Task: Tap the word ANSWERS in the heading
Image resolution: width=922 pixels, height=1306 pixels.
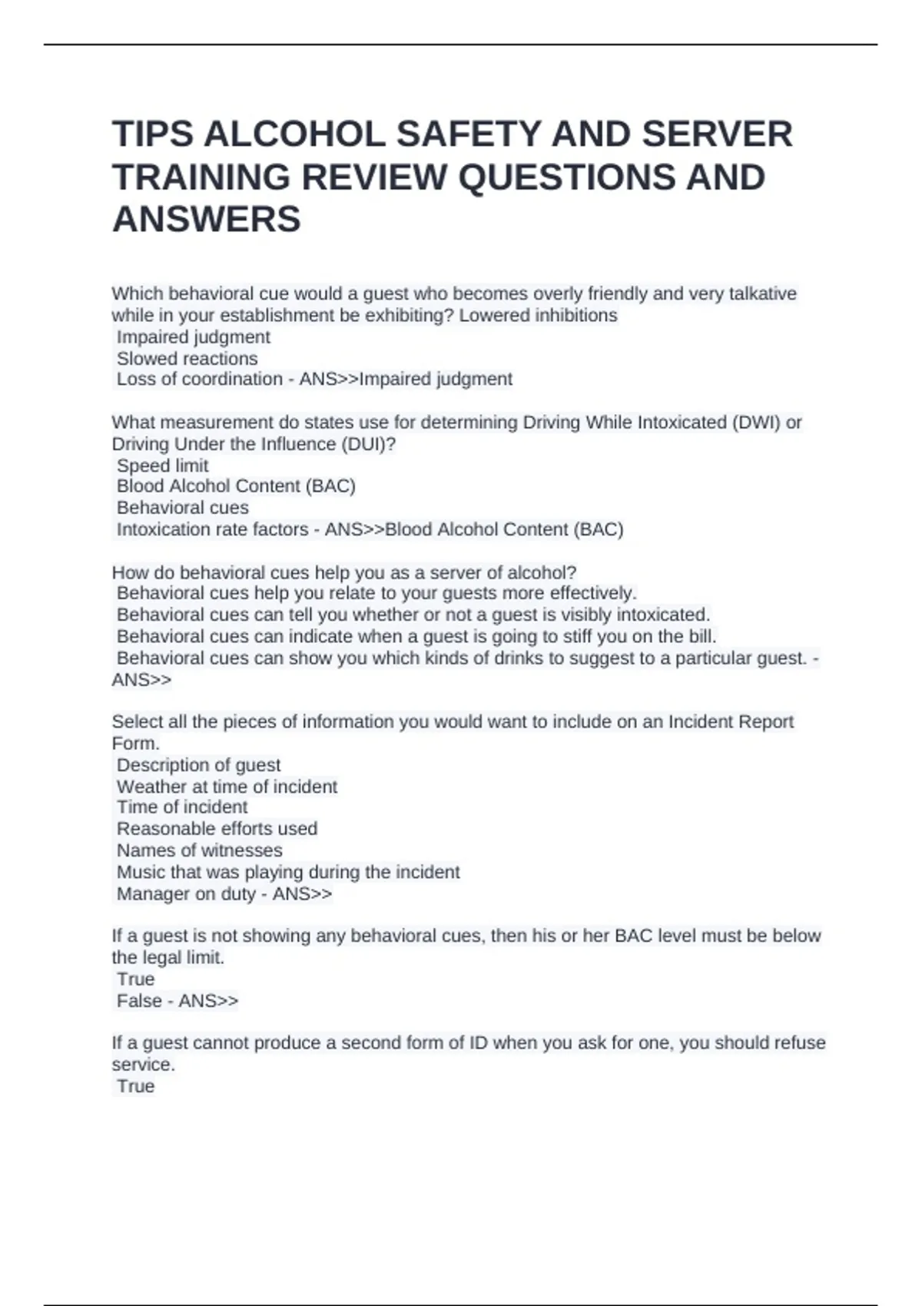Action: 207,220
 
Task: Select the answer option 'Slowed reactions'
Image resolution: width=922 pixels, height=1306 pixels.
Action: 187,359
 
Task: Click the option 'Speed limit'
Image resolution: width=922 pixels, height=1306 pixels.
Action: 162,466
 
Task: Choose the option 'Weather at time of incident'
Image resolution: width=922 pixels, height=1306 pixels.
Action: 227,787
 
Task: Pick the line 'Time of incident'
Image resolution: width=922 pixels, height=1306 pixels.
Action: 182,807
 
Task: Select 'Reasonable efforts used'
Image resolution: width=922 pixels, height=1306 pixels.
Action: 217,829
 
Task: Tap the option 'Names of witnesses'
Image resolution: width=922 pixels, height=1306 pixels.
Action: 199,850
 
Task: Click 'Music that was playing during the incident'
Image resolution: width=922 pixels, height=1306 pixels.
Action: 288,872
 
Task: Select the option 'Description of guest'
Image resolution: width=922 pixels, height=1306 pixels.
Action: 198,765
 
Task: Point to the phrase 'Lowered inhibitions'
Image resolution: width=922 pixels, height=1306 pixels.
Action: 538,316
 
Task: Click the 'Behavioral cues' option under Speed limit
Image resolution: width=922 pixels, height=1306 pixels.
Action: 182,508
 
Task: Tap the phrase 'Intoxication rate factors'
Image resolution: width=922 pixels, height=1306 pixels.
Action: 212,529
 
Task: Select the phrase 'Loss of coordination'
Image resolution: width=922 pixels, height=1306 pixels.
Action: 200,380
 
